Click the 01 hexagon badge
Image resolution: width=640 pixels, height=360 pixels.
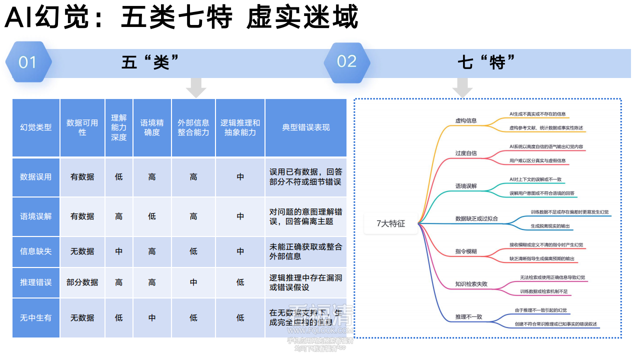click(28, 62)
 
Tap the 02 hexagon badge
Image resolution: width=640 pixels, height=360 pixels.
click(346, 61)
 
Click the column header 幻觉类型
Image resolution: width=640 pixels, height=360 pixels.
click(35, 127)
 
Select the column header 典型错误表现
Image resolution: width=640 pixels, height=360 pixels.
click(305, 127)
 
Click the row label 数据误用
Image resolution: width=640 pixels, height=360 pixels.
click(35, 177)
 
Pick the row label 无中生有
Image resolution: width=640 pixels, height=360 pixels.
click(35, 317)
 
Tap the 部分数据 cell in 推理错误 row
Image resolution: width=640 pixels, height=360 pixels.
click(82, 282)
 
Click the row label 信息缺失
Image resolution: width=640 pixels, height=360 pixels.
click(35, 251)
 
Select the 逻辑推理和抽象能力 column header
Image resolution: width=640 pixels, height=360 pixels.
click(240, 127)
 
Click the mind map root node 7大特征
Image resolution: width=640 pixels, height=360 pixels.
click(390, 223)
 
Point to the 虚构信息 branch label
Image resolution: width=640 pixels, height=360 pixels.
click(465, 120)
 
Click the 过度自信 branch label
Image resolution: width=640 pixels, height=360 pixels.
click(465, 153)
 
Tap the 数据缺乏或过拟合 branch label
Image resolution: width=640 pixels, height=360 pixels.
click(476, 218)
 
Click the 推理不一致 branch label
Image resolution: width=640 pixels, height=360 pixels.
click(468, 317)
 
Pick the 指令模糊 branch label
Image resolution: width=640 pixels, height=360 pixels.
click(465, 251)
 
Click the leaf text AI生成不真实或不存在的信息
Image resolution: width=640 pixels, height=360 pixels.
click(537, 114)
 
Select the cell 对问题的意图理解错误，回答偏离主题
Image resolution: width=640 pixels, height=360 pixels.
click(305, 216)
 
